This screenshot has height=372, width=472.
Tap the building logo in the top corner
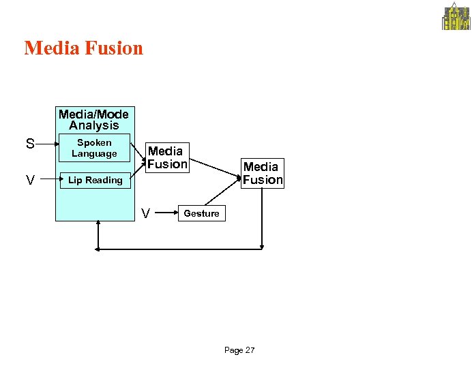point(456,17)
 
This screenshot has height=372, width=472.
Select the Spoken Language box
point(94,148)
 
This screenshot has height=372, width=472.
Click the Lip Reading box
point(95,181)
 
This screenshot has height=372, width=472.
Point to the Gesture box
point(201,213)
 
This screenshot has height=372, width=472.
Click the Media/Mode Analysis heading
point(93,119)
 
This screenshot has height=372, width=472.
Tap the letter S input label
point(30,144)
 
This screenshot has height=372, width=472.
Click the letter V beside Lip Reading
point(30,181)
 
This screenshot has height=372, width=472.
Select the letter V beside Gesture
point(145,214)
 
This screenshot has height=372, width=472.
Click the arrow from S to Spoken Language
point(47,144)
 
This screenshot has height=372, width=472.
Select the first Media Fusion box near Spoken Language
point(166,157)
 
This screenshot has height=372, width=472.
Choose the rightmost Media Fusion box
point(263,173)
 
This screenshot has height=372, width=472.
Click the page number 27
point(250,350)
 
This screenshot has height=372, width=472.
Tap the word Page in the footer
point(233,350)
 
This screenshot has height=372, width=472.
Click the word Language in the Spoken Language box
point(94,154)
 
